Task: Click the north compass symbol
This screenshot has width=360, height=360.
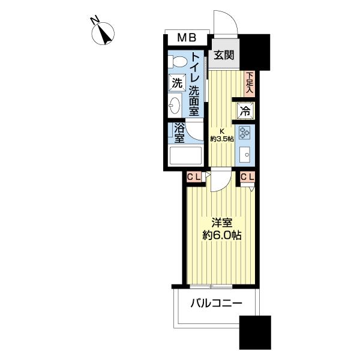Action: point(103,34)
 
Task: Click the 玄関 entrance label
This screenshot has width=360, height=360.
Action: point(224,55)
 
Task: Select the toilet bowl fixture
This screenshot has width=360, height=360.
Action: point(178,62)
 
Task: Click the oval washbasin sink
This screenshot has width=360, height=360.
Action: point(175,106)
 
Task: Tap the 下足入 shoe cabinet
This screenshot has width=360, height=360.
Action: point(250,83)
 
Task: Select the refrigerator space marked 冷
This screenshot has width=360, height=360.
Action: point(245,111)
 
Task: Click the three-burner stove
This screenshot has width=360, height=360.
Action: point(244,133)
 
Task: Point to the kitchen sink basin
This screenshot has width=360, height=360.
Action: point(245,155)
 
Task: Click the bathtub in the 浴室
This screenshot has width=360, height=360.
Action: point(185,155)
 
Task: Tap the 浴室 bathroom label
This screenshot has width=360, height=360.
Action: point(179,133)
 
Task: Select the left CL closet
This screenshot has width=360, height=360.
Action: point(194,177)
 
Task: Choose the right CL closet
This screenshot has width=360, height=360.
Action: point(247,177)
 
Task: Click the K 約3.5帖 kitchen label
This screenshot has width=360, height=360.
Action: point(222,135)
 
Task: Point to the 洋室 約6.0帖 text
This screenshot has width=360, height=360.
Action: point(222,229)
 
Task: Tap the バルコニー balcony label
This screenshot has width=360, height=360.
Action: point(217,304)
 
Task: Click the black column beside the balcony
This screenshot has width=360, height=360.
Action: point(255,332)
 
